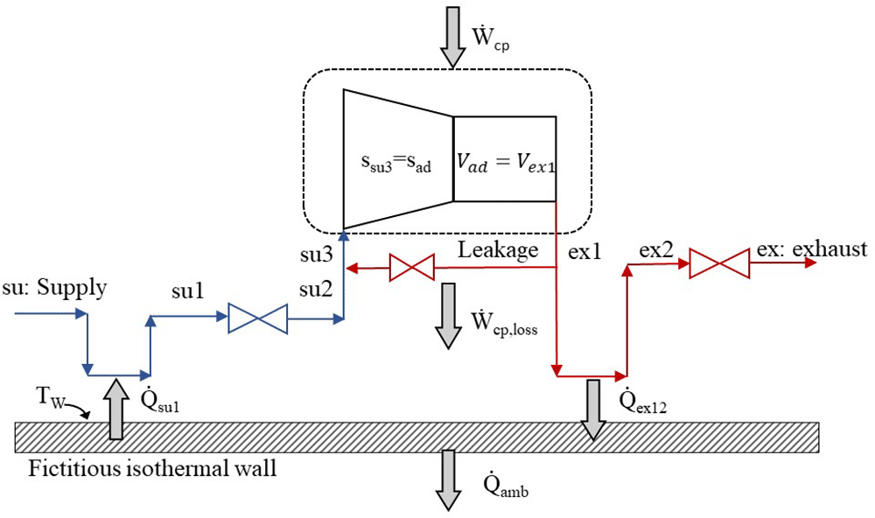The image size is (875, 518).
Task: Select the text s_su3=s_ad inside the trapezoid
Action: (395, 164)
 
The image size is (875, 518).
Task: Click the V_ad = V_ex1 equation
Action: (506, 163)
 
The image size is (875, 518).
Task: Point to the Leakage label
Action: (498, 250)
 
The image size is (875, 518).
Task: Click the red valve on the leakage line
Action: (412, 268)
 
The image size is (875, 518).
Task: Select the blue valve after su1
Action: (258, 318)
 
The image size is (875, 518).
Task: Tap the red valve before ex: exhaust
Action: (719, 263)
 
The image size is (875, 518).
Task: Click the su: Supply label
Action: (54, 289)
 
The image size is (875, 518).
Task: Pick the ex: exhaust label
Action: (812, 249)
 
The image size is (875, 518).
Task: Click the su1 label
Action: (188, 290)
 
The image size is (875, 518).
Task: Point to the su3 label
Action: (317, 255)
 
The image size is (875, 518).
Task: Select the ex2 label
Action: (657, 249)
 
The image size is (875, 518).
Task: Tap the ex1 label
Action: (584, 252)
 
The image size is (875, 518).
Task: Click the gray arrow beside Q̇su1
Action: (115, 409)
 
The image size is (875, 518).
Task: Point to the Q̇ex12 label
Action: (643, 400)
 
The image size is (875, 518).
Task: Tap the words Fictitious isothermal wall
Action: (152, 468)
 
